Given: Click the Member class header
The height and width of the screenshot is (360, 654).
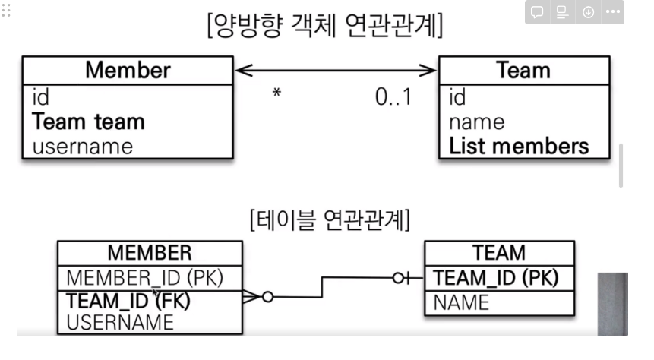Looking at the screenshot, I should pos(128,71).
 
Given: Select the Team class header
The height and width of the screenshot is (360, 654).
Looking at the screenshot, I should pos(523,71).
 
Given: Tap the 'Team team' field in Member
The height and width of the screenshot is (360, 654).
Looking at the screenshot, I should pos(88,122).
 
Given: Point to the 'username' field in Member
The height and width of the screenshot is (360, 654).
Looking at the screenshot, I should pos(82,146).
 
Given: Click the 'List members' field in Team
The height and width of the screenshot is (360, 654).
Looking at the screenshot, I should pos(519,146).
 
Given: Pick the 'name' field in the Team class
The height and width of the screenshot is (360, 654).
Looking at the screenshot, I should pos(476,122).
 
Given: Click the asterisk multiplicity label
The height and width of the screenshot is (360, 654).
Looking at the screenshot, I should pos(277,95).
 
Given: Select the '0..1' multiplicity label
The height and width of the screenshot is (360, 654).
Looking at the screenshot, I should pos(393,96).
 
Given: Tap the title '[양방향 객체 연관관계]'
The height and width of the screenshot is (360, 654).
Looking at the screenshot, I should pos(325,26).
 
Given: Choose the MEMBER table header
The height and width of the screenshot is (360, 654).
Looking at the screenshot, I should pos(150,252).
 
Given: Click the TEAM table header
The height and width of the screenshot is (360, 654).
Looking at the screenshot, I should pos(498,252).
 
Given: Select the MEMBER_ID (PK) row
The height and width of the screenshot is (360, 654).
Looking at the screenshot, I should pos(144,277).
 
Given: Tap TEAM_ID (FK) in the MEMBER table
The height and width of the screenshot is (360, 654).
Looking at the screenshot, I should pos(128,300).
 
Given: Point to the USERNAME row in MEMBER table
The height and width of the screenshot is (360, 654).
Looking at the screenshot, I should pos(120,322).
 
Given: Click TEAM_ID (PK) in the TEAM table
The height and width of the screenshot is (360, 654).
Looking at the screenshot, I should pos(495,278).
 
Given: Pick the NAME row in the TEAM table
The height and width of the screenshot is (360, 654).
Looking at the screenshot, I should pos(461,302).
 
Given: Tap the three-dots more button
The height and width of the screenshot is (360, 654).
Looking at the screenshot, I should pos(612,12).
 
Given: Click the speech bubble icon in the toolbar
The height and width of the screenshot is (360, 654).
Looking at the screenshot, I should pos(536,12).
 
